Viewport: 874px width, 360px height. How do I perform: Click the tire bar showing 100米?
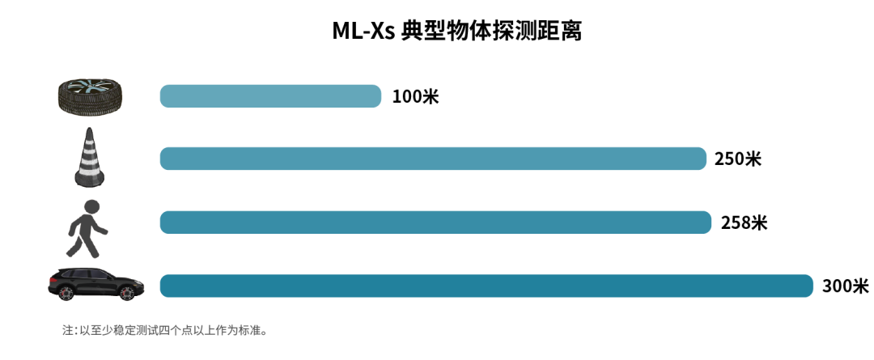(x=270, y=96)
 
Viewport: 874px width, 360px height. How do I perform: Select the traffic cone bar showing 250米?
(x=433, y=159)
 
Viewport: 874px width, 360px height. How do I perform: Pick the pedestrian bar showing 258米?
(x=435, y=222)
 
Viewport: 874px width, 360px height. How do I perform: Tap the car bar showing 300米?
(x=486, y=286)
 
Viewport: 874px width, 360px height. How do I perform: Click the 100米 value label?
(x=415, y=97)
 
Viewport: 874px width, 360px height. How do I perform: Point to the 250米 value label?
(x=737, y=159)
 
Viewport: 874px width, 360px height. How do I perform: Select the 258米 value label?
(x=744, y=222)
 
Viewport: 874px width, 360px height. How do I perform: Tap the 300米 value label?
(x=845, y=286)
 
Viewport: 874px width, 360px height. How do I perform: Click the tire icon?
(x=91, y=95)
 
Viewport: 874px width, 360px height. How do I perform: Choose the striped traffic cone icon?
(x=91, y=158)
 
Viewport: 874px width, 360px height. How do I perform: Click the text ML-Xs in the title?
(x=363, y=32)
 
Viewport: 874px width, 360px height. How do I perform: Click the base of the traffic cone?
(x=91, y=179)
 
